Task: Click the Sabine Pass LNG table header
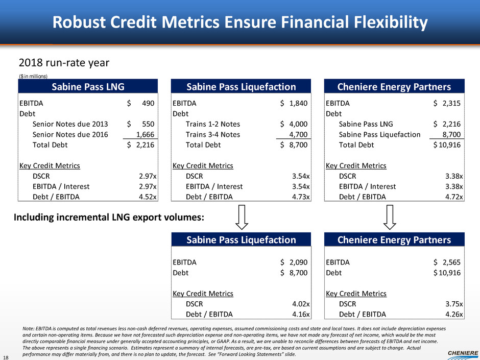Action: coord(88,86)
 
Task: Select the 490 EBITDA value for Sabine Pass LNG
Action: coord(148,103)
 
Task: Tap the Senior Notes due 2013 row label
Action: coord(70,124)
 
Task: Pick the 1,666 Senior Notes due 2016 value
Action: coord(145,134)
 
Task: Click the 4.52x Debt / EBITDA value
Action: coord(148,197)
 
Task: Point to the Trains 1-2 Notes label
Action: coord(213,124)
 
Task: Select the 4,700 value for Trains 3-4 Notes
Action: coord(298,134)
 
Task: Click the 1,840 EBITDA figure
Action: coord(298,103)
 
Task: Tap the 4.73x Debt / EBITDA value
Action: coord(301,197)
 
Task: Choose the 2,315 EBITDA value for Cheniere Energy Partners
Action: coord(451,103)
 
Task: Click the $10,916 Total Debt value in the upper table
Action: coord(447,145)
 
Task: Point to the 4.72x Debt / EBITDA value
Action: coord(454,197)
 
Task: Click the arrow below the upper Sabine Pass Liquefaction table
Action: coord(242,217)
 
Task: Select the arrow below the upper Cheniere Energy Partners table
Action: coord(390,217)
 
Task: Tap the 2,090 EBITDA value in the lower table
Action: coord(298,262)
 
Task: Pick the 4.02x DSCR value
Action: coord(301,304)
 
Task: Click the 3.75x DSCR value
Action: coord(454,304)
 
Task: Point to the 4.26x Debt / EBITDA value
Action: coord(454,314)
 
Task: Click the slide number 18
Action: coord(6,357)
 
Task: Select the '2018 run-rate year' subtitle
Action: coord(64,63)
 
